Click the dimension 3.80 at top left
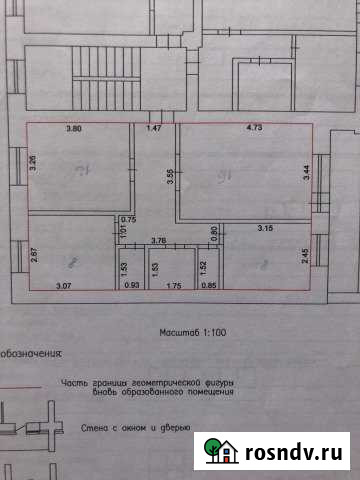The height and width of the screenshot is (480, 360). tap(73, 130)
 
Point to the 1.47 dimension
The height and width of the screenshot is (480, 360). tap(154, 130)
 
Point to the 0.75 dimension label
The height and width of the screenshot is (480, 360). tap(128, 219)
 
